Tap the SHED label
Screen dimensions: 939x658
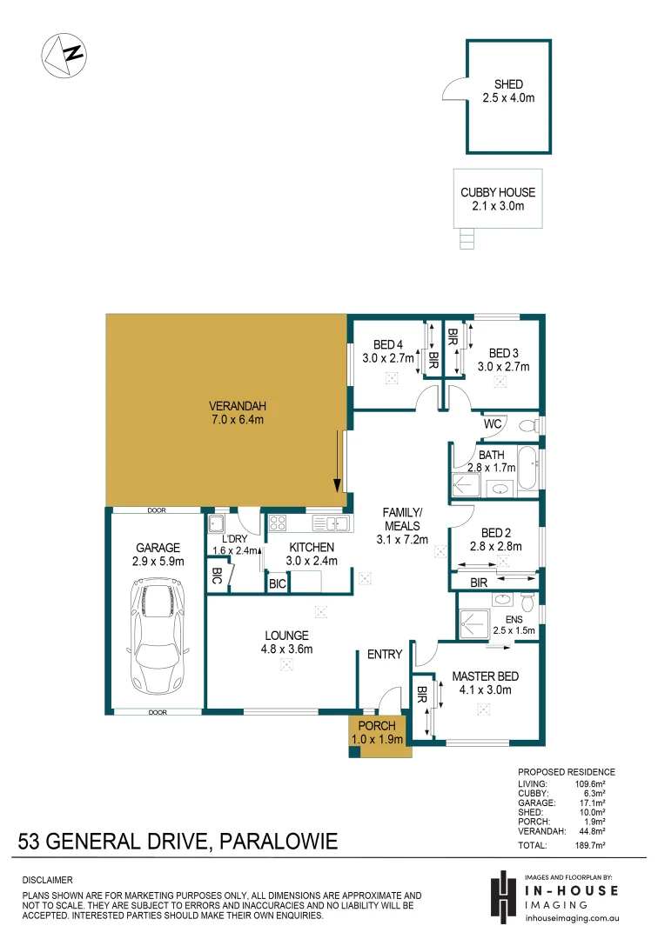(x=508, y=84)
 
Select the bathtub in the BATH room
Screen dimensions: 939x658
(x=527, y=470)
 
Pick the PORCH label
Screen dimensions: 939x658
(x=377, y=726)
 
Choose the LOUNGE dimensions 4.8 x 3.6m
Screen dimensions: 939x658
(x=287, y=649)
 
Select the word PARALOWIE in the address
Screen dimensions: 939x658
(x=275, y=841)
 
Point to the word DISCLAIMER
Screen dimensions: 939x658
(x=48, y=880)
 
